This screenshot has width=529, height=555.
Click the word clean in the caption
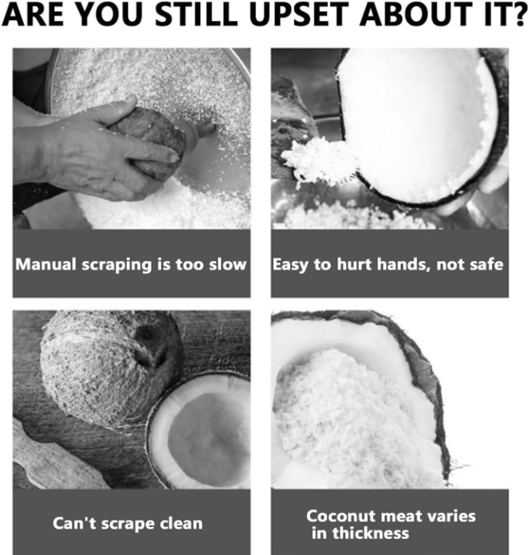pos(180,524)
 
